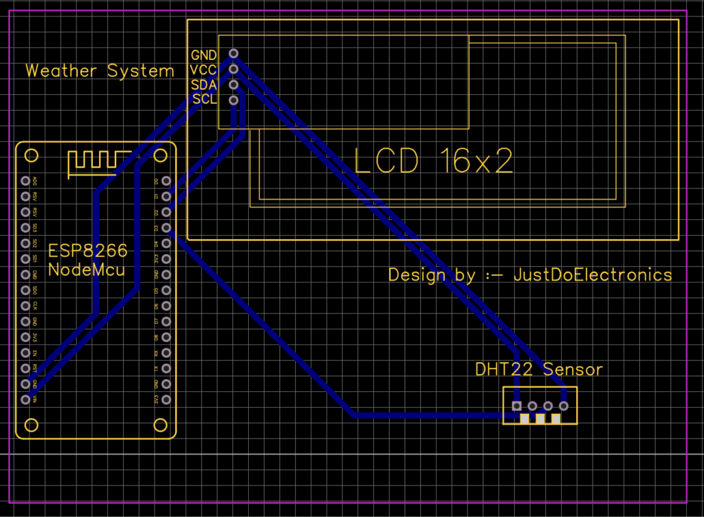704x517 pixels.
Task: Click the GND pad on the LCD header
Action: [234, 54]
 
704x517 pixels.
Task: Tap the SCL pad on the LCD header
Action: [234, 100]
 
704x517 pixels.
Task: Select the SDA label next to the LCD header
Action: [204, 85]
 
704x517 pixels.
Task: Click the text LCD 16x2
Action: [433, 162]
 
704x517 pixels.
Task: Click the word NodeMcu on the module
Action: [87, 269]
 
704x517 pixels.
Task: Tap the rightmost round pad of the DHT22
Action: [564, 406]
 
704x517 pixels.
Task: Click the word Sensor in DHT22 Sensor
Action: [573, 370]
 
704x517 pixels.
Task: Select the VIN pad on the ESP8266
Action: [26, 399]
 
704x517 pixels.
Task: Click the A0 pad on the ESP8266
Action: [26, 181]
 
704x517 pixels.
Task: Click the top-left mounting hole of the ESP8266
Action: [30, 154]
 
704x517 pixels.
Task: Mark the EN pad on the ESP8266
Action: [26, 353]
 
